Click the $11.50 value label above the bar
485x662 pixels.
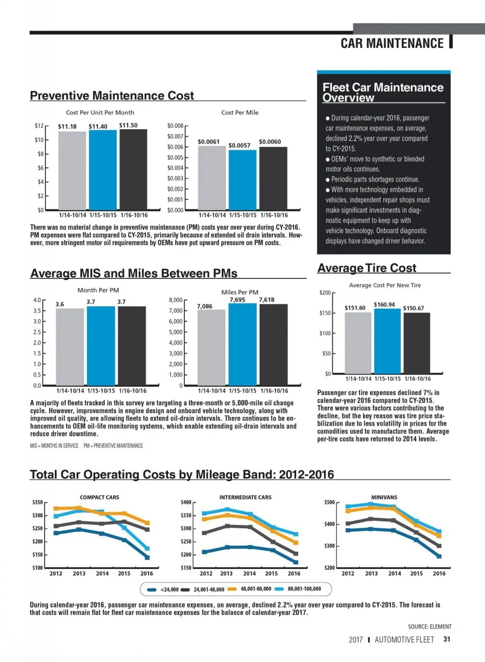coord(128,125)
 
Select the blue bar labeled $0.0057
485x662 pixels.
coord(242,180)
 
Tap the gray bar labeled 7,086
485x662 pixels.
coord(211,348)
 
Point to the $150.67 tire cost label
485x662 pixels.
coord(413,308)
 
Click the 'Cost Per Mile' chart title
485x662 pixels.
coord(240,113)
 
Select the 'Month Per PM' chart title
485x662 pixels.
coord(98,290)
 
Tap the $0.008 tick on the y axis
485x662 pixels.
coord(175,126)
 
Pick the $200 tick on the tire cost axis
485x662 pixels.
coord(325,293)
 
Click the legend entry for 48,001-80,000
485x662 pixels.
coord(251,589)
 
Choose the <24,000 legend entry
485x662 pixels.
coord(164,589)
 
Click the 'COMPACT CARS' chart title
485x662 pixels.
coord(99,498)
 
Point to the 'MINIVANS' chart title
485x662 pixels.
coord(384,498)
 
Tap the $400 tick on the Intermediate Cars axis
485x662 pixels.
coord(186,502)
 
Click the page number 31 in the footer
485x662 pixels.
coord(447,639)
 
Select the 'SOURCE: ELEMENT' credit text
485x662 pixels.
coord(429,627)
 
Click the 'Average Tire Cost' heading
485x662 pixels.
coord(367,268)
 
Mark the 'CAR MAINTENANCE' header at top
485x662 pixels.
coord(392,43)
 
